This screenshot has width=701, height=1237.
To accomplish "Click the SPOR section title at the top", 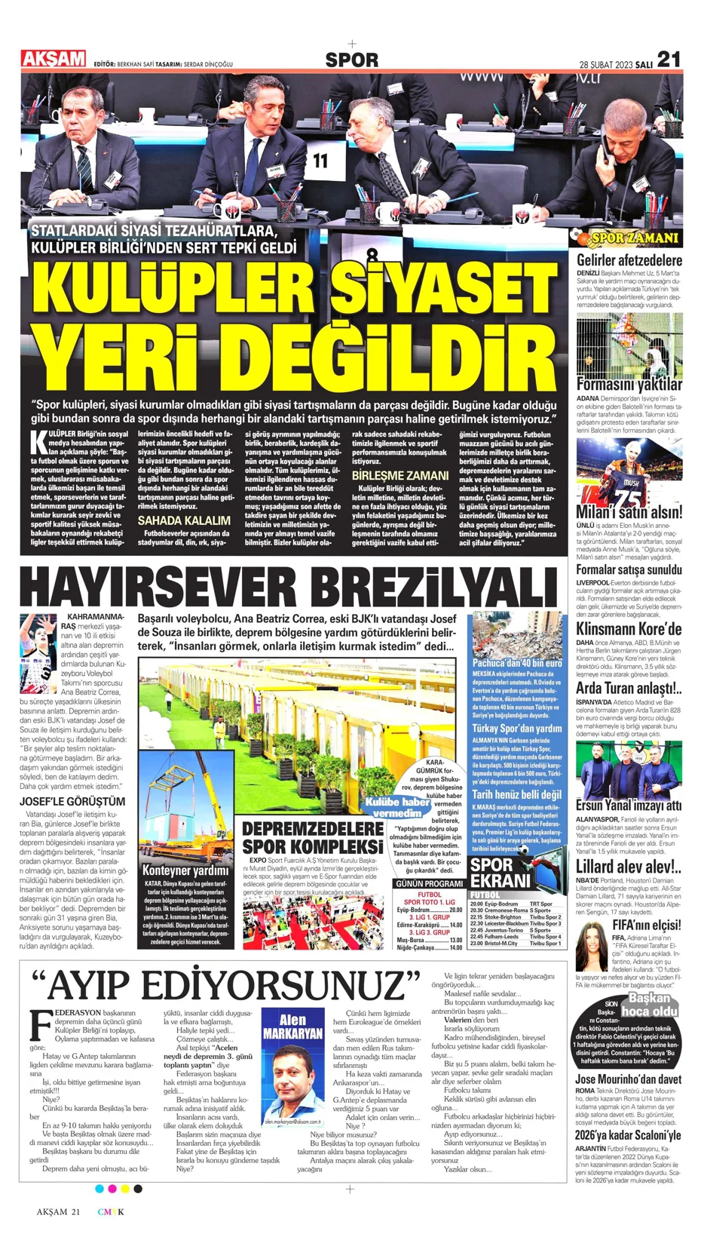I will [351, 60].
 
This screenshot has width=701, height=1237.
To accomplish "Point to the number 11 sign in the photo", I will [320, 161].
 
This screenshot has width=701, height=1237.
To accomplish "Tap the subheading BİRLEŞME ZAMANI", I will [400, 476].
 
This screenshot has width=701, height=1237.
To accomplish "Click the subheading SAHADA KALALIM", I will [184, 520].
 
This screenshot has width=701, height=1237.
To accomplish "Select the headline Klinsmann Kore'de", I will [629, 630].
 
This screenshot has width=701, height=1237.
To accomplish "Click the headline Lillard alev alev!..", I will [629, 867].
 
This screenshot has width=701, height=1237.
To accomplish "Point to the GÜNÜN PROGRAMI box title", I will [428, 883].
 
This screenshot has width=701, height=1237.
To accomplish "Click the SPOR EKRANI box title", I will [501, 873].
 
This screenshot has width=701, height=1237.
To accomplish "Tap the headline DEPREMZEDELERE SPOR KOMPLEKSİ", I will [312, 837].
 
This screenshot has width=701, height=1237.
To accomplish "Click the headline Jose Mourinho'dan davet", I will [628, 1079].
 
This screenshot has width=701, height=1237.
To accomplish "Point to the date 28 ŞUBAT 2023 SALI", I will [615, 64].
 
